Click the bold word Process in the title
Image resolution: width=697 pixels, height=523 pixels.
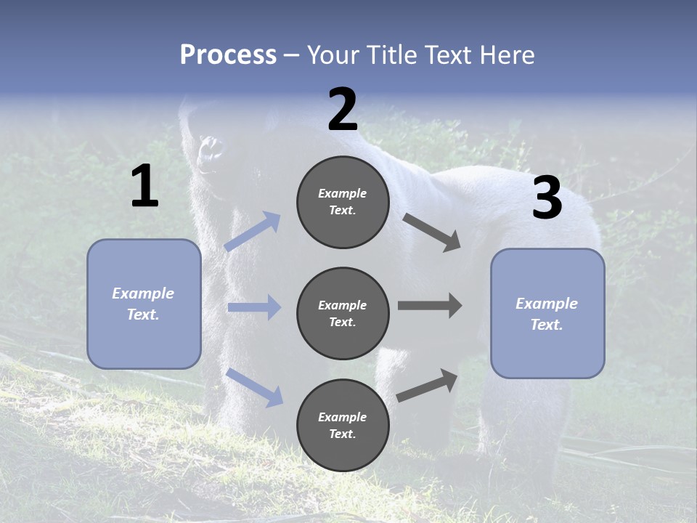coord(228,55)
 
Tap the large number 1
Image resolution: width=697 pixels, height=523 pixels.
coord(144,187)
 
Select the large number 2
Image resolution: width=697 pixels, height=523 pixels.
coord(343,110)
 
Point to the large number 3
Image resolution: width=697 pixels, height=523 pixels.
coord(547,199)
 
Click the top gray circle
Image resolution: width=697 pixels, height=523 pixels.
coord(343,202)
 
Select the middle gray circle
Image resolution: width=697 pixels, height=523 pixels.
coord(343,314)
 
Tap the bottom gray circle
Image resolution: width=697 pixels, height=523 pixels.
coord(343,426)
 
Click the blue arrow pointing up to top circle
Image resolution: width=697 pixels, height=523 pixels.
coord(253,231)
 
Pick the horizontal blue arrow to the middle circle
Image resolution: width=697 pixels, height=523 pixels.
coord(254,307)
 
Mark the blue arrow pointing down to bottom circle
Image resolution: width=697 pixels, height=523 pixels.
coord(254,386)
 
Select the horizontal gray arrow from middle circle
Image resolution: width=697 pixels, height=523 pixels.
coord(430,306)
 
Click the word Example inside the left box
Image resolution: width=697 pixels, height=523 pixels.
coord(143,293)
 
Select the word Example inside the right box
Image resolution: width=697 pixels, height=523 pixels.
coord(547,304)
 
